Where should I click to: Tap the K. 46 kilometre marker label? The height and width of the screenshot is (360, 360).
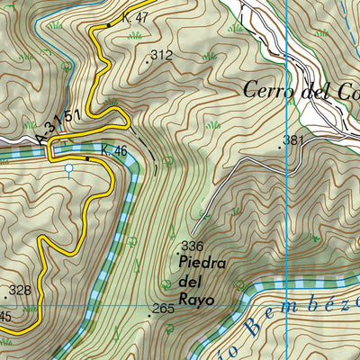click(x=113, y=151)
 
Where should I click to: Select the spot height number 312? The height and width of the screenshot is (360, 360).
click(x=161, y=56)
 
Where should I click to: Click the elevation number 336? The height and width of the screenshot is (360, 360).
click(x=192, y=246)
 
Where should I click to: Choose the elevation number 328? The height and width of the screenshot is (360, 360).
click(x=19, y=292)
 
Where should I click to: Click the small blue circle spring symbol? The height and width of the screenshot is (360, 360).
click(x=69, y=167)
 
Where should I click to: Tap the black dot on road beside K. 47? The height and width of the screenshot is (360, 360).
click(x=110, y=25)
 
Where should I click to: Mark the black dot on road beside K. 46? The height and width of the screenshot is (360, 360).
click(x=87, y=158)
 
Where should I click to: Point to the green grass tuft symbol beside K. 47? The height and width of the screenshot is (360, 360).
click(x=136, y=35)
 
